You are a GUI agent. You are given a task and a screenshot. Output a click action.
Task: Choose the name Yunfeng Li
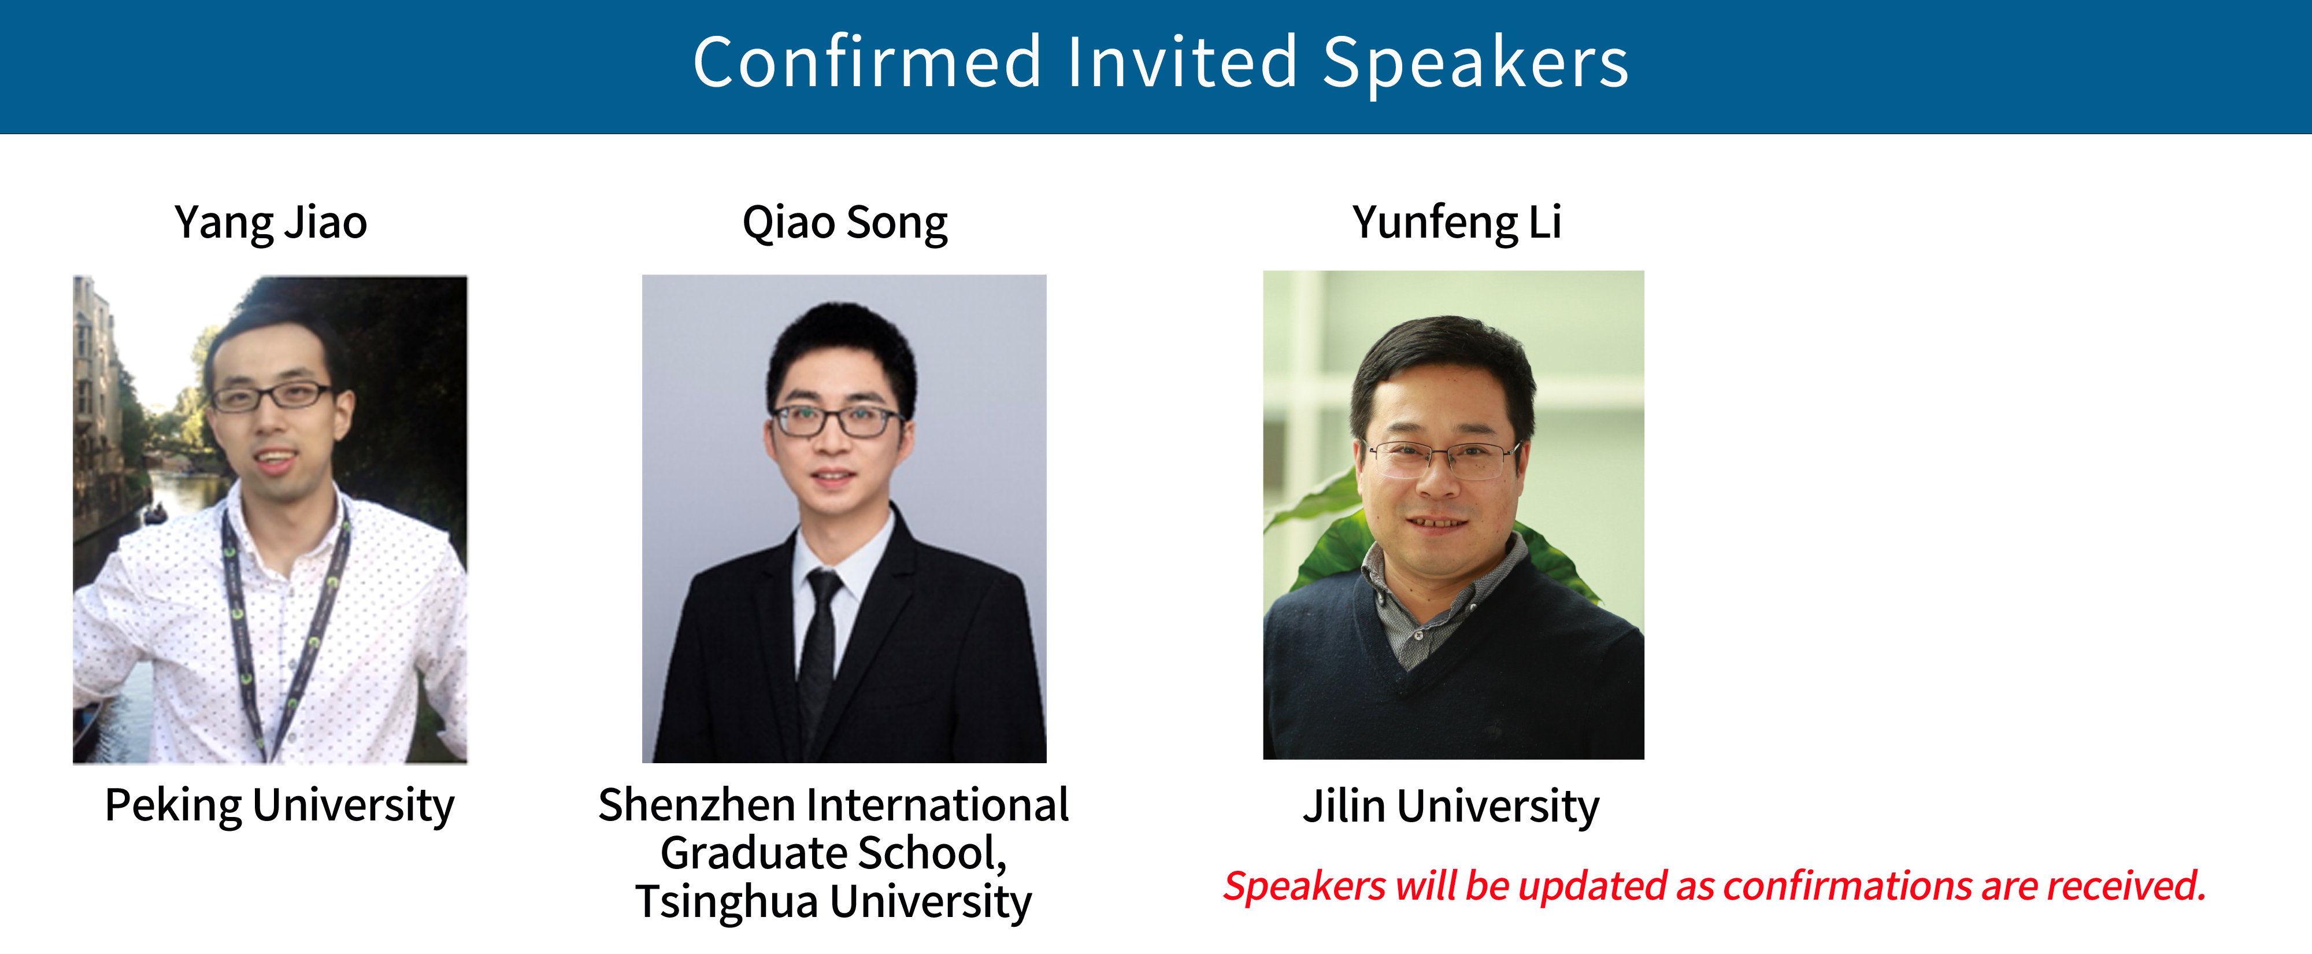(x=1457, y=223)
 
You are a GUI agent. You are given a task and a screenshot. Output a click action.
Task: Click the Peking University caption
(x=279, y=805)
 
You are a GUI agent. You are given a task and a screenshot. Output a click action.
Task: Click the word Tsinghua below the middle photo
(x=727, y=902)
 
